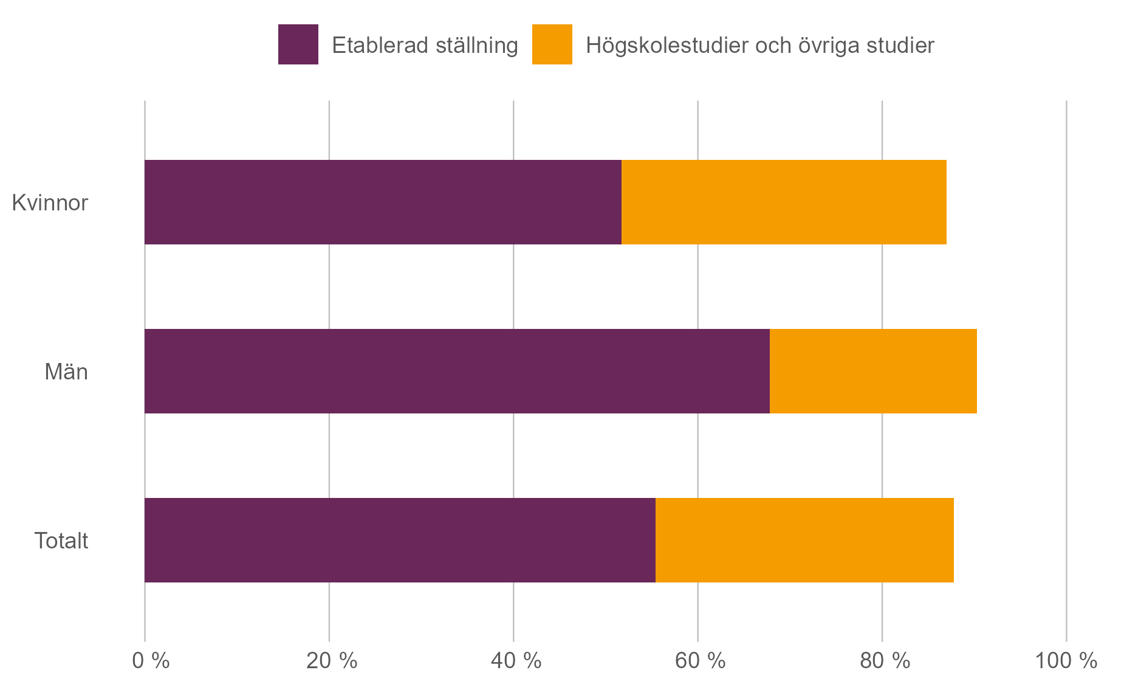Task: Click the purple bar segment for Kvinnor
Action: coord(383,202)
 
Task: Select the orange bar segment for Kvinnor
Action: coord(784,202)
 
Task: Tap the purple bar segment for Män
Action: coord(457,371)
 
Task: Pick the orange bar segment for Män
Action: coord(873,371)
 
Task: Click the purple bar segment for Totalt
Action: coord(400,540)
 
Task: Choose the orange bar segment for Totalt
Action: coord(804,540)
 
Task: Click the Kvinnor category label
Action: coord(50,202)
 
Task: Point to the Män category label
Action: coord(66,371)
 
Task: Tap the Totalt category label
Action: coord(61,541)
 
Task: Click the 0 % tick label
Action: coord(151,660)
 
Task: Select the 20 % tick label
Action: coord(332,660)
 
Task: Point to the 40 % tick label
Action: coord(516,660)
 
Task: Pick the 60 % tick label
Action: coord(700,660)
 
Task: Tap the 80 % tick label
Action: coord(885,660)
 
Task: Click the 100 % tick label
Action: coord(1066,660)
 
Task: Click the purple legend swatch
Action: coord(298,44)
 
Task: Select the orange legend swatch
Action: coord(552,44)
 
